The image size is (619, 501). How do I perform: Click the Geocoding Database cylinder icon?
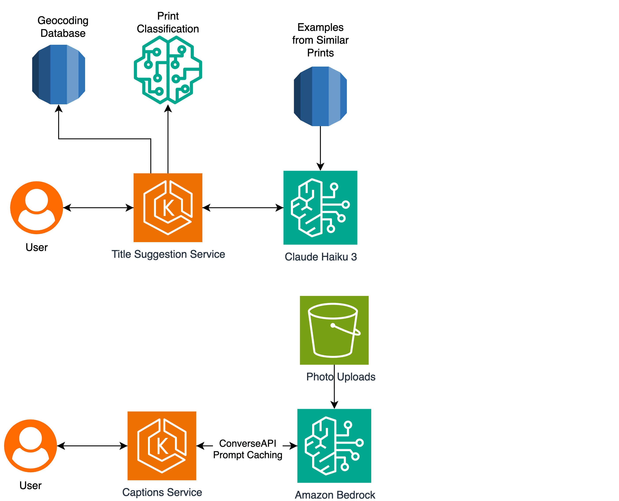(59, 75)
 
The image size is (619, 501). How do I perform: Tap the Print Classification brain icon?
(168, 70)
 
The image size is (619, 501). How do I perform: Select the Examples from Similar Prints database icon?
(320, 96)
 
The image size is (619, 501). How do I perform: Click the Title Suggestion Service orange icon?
(168, 208)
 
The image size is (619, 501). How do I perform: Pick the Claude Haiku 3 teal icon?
(320, 208)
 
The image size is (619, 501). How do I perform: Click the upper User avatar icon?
(37, 208)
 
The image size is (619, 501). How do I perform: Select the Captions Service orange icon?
(162, 446)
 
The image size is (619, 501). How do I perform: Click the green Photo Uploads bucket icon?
(334, 330)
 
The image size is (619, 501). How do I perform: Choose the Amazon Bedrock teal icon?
(334, 446)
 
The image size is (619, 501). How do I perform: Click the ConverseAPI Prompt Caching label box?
(248, 449)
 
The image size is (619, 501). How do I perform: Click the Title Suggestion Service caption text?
(168, 254)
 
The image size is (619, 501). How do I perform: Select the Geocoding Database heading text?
(63, 27)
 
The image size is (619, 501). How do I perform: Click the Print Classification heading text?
(168, 22)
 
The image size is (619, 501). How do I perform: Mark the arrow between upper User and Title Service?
(98, 208)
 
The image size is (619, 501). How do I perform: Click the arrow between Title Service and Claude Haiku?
(243, 208)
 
